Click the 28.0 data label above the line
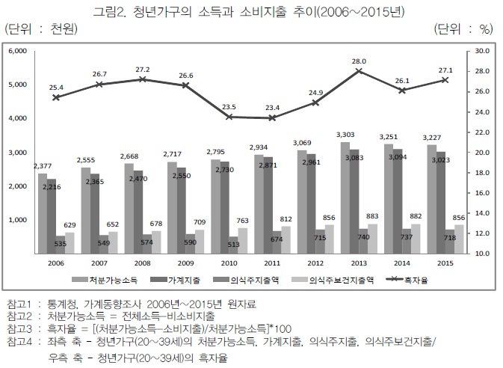(x=358, y=61)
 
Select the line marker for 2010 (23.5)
(x=230, y=117)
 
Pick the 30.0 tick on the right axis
(x=481, y=52)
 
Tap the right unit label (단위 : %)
(x=464, y=30)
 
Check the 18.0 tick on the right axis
(x=481, y=173)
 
